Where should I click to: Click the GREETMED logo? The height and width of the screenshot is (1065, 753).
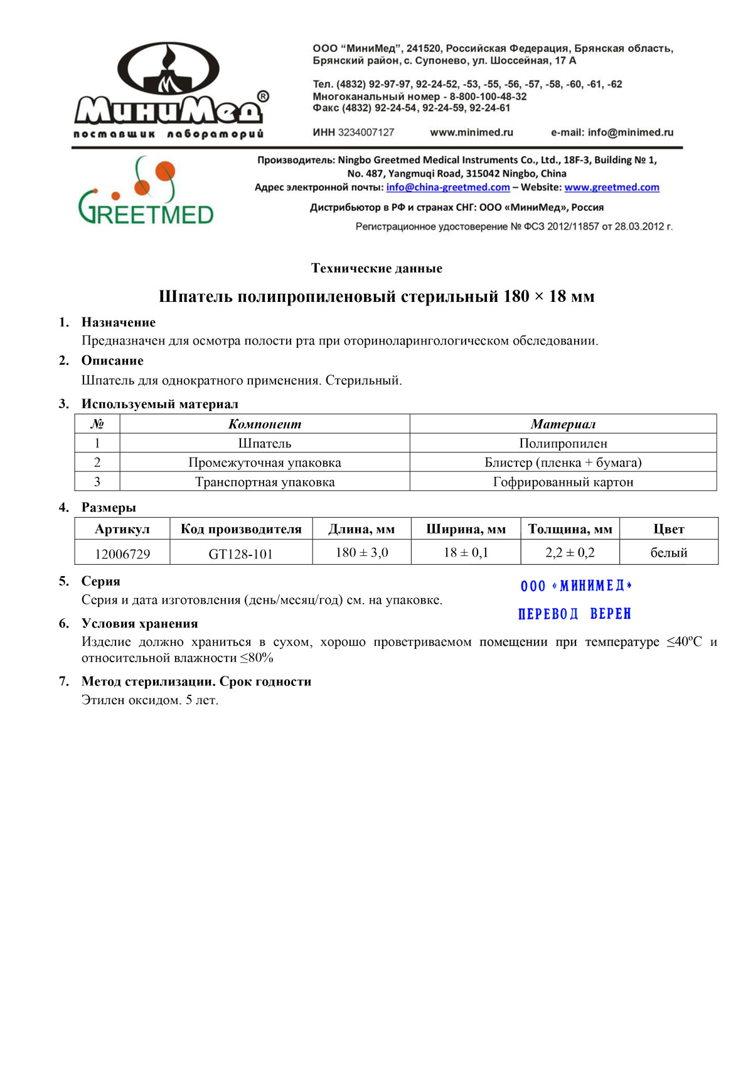[x=146, y=191]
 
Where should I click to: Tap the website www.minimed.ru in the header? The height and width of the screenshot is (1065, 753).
[x=471, y=132]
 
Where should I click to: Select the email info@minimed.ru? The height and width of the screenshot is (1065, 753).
[x=630, y=132]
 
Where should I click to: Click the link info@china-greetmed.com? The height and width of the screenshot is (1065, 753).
[x=448, y=187]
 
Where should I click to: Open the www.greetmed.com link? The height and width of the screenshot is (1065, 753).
[x=612, y=187]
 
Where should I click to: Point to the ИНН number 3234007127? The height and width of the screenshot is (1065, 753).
[x=366, y=132]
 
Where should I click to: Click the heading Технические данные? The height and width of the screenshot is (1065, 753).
[x=376, y=269]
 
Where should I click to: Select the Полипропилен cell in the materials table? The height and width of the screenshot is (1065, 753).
[x=563, y=443]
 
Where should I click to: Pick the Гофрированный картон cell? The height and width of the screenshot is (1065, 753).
[x=563, y=482]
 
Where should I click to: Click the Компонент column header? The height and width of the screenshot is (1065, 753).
[x=264, y=424]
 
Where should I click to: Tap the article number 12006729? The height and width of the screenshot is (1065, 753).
[x=122, y=554]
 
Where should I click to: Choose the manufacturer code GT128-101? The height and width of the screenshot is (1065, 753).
[x=241, y=554]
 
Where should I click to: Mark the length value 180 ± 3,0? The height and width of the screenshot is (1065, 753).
[x=361, y=553]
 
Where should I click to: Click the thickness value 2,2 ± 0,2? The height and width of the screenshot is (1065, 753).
[x=570, y=553]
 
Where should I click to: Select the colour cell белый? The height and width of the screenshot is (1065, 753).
[x=669, y=553]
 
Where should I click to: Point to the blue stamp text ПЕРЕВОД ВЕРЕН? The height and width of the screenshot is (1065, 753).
[x=575, y=614]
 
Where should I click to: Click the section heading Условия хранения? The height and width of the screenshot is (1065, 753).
[x=139, y=623]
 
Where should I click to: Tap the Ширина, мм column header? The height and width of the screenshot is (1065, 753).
[x=466, y=529]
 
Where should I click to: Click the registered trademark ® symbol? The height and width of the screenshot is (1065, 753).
[x=264, y=96]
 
